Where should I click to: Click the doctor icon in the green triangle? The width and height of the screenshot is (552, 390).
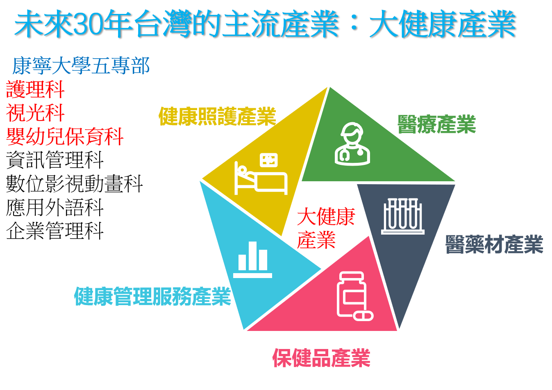pos(352,144)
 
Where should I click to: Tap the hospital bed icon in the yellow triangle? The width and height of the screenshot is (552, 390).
pos(261,173)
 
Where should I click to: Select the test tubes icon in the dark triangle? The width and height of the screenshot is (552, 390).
pos(403,216)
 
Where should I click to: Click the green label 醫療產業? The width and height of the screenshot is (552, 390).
pos(436,124)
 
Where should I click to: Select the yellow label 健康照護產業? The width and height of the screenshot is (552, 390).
pos(217,116)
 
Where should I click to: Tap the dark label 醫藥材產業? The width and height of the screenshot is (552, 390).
pos(494,244)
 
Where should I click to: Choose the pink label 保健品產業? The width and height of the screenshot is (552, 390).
pos(321,358)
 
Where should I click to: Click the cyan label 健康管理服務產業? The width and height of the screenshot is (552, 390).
pos(152,296)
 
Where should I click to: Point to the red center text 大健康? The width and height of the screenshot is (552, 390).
pos(326,217)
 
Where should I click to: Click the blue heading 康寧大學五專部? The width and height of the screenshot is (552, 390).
pos(81,66)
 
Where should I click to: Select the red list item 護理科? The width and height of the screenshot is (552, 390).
pos(35,89)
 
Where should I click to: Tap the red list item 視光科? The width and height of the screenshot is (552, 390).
pos(35,113)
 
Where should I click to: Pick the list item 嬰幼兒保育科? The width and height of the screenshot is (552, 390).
pos(65,137)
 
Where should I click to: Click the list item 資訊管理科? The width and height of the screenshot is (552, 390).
pos(55,160)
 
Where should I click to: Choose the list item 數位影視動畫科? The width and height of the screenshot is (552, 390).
pos(75,184)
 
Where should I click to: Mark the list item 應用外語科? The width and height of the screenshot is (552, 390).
pos(55,207)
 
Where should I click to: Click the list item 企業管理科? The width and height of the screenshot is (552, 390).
pos(55,230)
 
